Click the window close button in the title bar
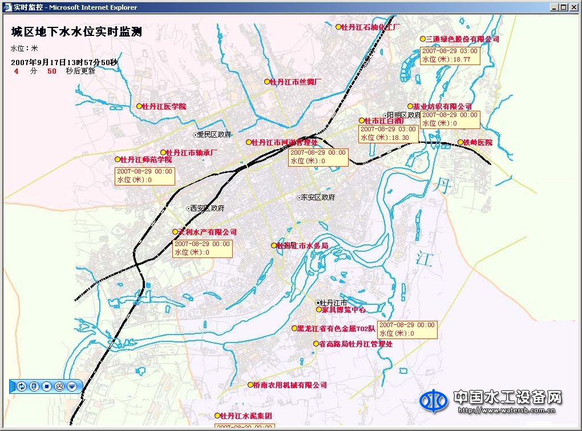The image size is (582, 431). (x=574, y=7)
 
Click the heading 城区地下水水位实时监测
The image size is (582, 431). (x=76, y=32)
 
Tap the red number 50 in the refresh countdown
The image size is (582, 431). (x=52, y=71)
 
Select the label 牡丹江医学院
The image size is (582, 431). (x=164, y=107)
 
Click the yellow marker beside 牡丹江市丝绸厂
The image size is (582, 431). (x=266, y=82)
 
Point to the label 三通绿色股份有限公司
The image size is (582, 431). (x=462, y=39)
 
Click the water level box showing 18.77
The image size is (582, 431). (x=450, y=55)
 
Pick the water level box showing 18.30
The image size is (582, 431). (x=388, y=134)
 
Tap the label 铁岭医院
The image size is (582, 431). (x=478, y=143)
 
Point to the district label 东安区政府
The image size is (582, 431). (x=318, y=198)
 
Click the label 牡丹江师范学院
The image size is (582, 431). (x=147, y=160)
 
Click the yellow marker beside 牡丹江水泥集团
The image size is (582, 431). (x=217, y=416)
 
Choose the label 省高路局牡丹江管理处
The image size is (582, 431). (x=355, y=344)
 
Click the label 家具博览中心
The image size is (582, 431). (x=343, y=310)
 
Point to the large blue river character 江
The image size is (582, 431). (x=423, y=257)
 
